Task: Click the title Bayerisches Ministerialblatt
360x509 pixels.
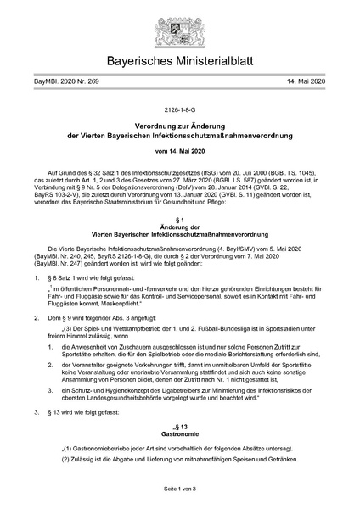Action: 179,62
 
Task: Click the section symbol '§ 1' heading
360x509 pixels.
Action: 179,242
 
